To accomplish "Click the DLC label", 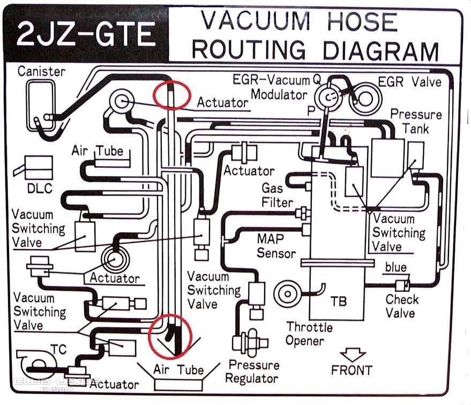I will (39, 188).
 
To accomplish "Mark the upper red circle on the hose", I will (171, 94).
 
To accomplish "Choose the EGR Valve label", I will (410, 82).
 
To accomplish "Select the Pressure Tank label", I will (416, 122).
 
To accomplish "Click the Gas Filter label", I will (277, 195).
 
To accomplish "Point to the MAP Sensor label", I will (276, 245).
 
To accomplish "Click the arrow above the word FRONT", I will (353, 355).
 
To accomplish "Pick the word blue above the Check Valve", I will (396, 267).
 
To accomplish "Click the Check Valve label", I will (402, 306).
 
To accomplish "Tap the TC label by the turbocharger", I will (59, 350).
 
